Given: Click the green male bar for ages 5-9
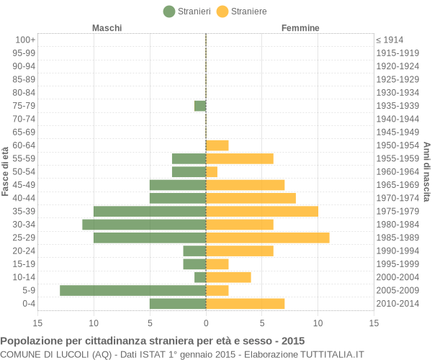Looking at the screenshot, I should tap(132, 290).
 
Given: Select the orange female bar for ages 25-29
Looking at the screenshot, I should tap(267, 238).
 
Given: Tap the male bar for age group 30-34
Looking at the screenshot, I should tap(144, 225).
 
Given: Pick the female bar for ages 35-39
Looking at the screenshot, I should tap(262, 211).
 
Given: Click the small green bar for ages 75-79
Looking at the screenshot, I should tap(200, 106).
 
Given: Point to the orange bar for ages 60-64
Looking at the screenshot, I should tap(217, 145).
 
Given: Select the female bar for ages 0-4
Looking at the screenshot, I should tap(245, 303).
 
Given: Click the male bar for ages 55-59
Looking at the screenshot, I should tap(189, 158).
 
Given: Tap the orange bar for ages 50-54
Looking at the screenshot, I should tap(212, 171).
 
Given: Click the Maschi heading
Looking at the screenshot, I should tap(107, 28).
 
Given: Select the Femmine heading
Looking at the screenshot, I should tap(300, 28).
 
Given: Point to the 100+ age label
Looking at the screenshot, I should tap(24, 40).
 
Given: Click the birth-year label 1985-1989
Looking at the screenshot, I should tap(397, 238).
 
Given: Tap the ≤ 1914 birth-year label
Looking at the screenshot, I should tap(390, 40).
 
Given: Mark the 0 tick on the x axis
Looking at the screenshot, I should tap(206, 323).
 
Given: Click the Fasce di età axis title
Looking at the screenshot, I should tap(6, 171).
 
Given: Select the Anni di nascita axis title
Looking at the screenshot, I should tap(426, 171).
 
